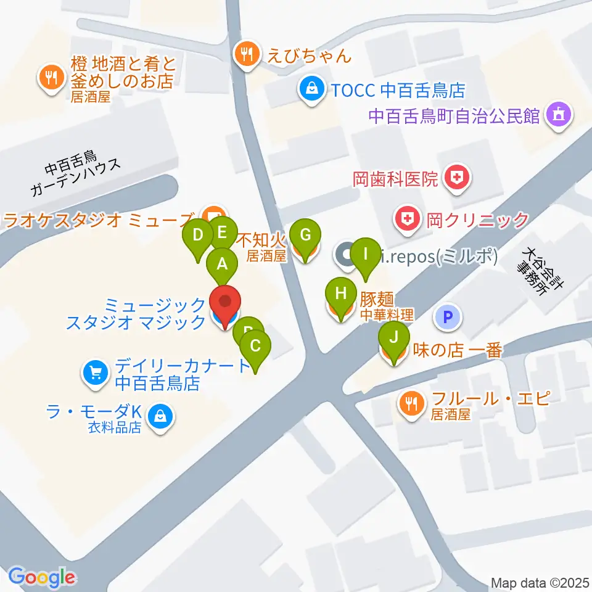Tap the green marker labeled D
[198, 235]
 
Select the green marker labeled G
[306, 235]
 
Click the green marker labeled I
[365, 253]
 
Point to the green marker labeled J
[394, 337]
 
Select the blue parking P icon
[449, 318]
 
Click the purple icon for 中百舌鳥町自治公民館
[559, 115]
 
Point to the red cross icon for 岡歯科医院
[456, 179]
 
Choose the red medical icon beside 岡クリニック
[408, 218]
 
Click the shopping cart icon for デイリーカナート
[95, 372]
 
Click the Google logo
[42, 577]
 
